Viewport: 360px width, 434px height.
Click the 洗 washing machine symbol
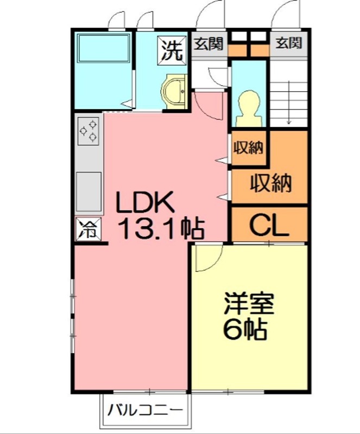pos(172,49)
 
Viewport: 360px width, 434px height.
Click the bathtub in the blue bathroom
pos(103,49)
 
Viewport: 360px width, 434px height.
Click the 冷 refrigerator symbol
pos(88,229)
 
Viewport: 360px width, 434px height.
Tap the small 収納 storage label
pos(249,147)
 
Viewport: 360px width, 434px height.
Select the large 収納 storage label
pos(271,183)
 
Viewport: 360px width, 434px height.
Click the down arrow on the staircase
pos(289,103)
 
